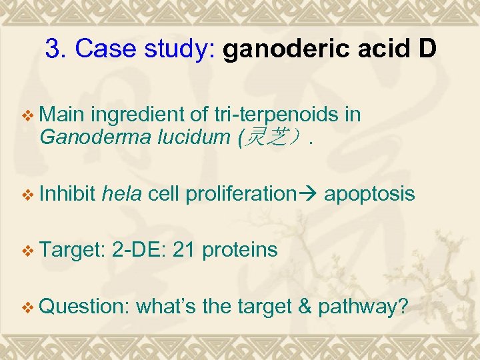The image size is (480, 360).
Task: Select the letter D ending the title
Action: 427,49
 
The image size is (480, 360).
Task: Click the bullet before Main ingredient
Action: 27,116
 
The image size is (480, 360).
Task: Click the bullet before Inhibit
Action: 27,195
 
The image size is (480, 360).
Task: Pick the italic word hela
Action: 122,194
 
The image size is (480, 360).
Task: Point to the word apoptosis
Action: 370,194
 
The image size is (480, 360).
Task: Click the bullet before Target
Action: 27,251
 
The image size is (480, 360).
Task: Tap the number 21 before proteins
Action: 184,250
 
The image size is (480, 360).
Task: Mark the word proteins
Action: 239,251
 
